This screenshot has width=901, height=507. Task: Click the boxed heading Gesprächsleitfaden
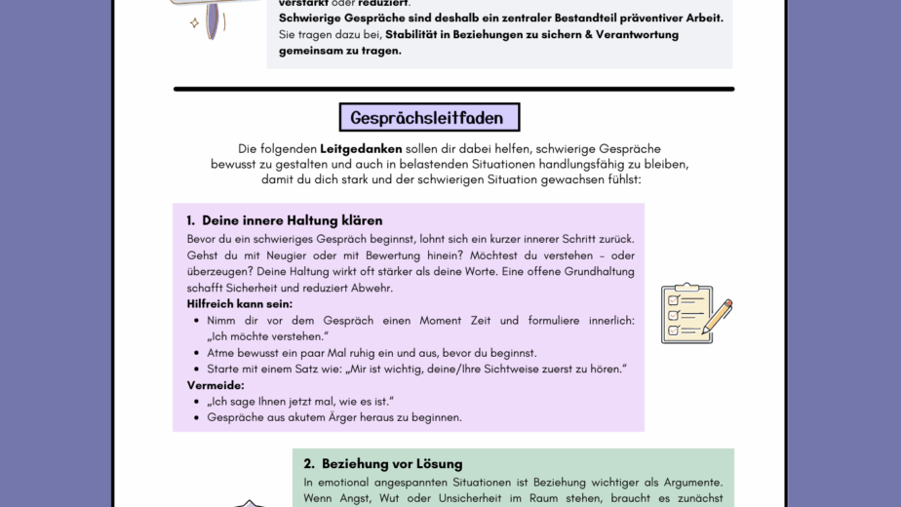point(428,118)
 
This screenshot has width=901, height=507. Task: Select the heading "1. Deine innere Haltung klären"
point(292,220)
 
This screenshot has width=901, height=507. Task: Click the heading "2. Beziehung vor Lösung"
point(382,463)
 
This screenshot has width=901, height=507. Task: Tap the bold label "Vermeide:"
point(215,385)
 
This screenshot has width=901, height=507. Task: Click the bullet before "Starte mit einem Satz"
point(197,370)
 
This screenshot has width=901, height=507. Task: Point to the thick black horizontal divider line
point(453,89)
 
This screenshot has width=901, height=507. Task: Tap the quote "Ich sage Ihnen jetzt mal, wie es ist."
point(300,401)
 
